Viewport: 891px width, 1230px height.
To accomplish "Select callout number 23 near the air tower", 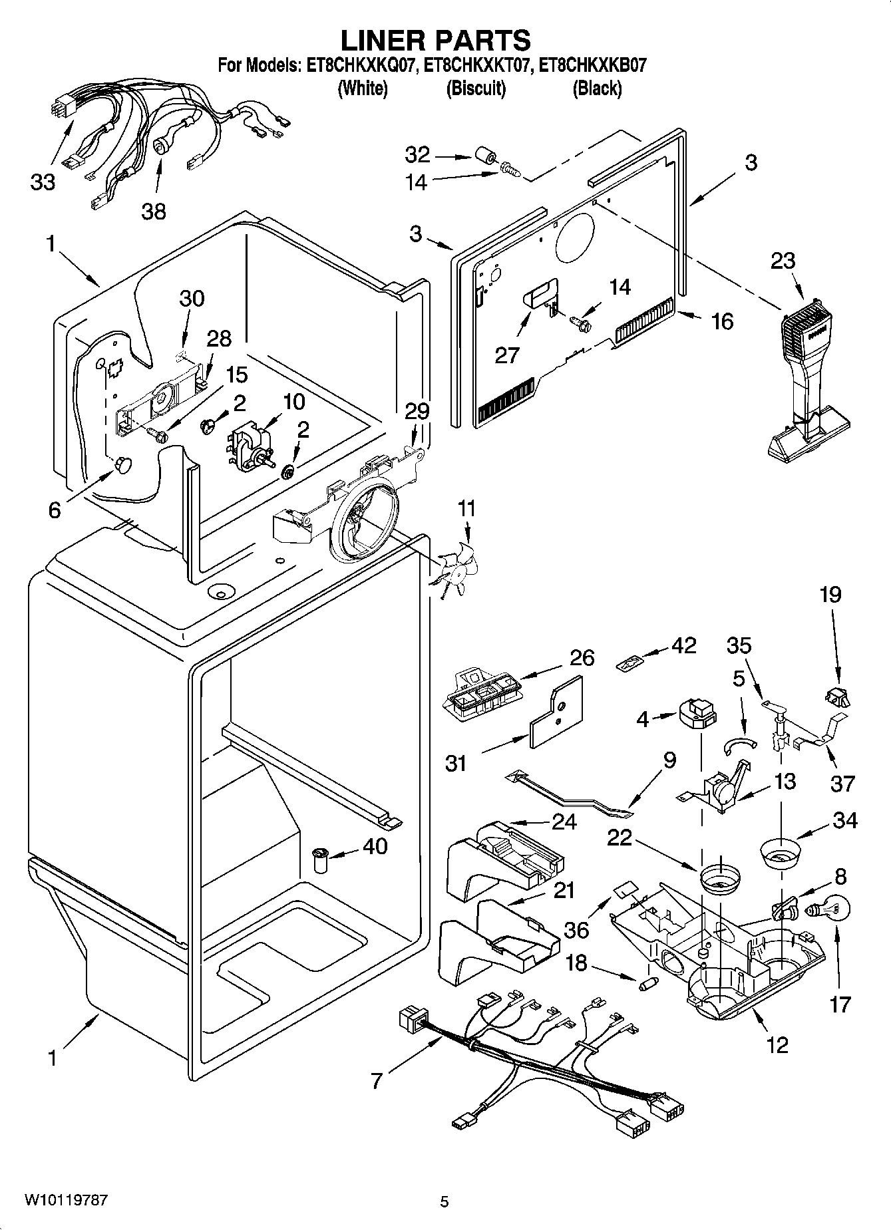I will tap(783, 260).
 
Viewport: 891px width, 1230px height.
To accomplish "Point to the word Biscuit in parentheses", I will tap(475, 88).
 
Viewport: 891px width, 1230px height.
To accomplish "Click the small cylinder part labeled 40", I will tap(322, 862).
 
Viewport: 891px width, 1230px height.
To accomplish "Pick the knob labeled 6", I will tap(122, 464).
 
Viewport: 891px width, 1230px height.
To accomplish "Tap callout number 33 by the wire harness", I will tap(43, 182).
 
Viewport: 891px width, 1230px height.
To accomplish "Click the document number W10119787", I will tap(66, 1201).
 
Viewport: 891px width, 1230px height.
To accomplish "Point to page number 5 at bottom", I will tap(445, 1201).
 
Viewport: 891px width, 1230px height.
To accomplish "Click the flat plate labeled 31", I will tap(556, 714).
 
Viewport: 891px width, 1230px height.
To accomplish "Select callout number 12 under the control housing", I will tap(777, 1044).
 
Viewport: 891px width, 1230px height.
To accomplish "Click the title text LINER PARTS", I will tap(436, 40).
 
